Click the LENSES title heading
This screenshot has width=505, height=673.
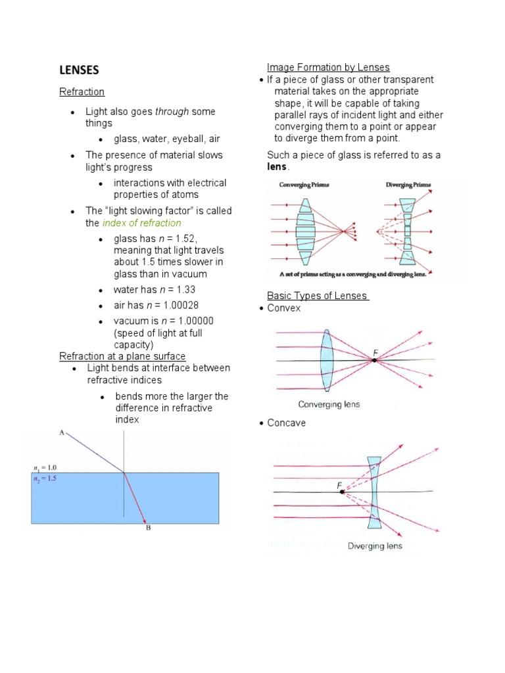click(x=79, y=70)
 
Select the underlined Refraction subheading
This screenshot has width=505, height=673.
click(x=82, y=92)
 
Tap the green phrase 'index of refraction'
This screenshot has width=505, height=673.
click(x=141, y=223)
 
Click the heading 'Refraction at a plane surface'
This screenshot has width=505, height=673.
click(x=122, y=356)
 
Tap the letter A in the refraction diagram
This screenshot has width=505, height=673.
click(x=61, y=433)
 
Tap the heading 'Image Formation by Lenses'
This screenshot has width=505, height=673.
click(x=328, y=67)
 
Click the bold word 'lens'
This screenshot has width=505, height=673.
click(x=277, y=167)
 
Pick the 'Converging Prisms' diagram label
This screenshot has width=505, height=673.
click(x=303, y=185)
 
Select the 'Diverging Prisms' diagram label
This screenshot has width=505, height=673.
click(x=408, y=185)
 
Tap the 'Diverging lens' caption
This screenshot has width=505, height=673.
click(x=375, y=546)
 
